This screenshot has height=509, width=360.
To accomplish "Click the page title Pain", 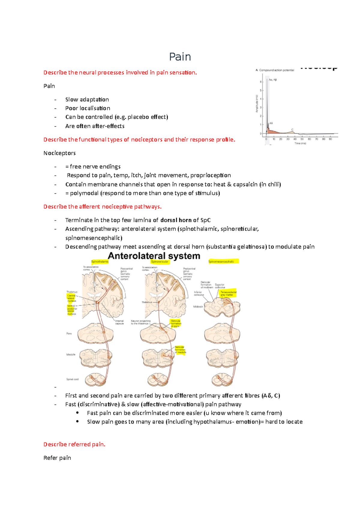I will [180, 57].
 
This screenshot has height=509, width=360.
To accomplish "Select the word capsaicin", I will [245, 184].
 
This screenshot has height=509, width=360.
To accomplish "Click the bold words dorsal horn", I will [176, 220].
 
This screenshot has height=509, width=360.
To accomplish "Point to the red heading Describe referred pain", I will [74, 444].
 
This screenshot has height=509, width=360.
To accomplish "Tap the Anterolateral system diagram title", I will [154, 256].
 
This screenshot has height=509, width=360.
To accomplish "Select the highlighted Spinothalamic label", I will [100, 262].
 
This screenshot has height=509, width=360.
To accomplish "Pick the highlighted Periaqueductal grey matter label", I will [228, 293].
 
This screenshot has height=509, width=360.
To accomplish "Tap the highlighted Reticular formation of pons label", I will [176, 323].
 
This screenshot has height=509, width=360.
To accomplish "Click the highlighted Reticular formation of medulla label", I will [180, 350].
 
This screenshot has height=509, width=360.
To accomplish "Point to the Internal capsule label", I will [119, 322].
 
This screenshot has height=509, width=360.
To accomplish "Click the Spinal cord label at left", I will [72, 379].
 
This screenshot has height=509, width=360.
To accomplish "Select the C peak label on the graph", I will [292, 130].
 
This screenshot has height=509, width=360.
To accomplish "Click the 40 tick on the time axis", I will [295, 139].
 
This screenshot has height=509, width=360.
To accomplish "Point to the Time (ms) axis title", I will [300, 143].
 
